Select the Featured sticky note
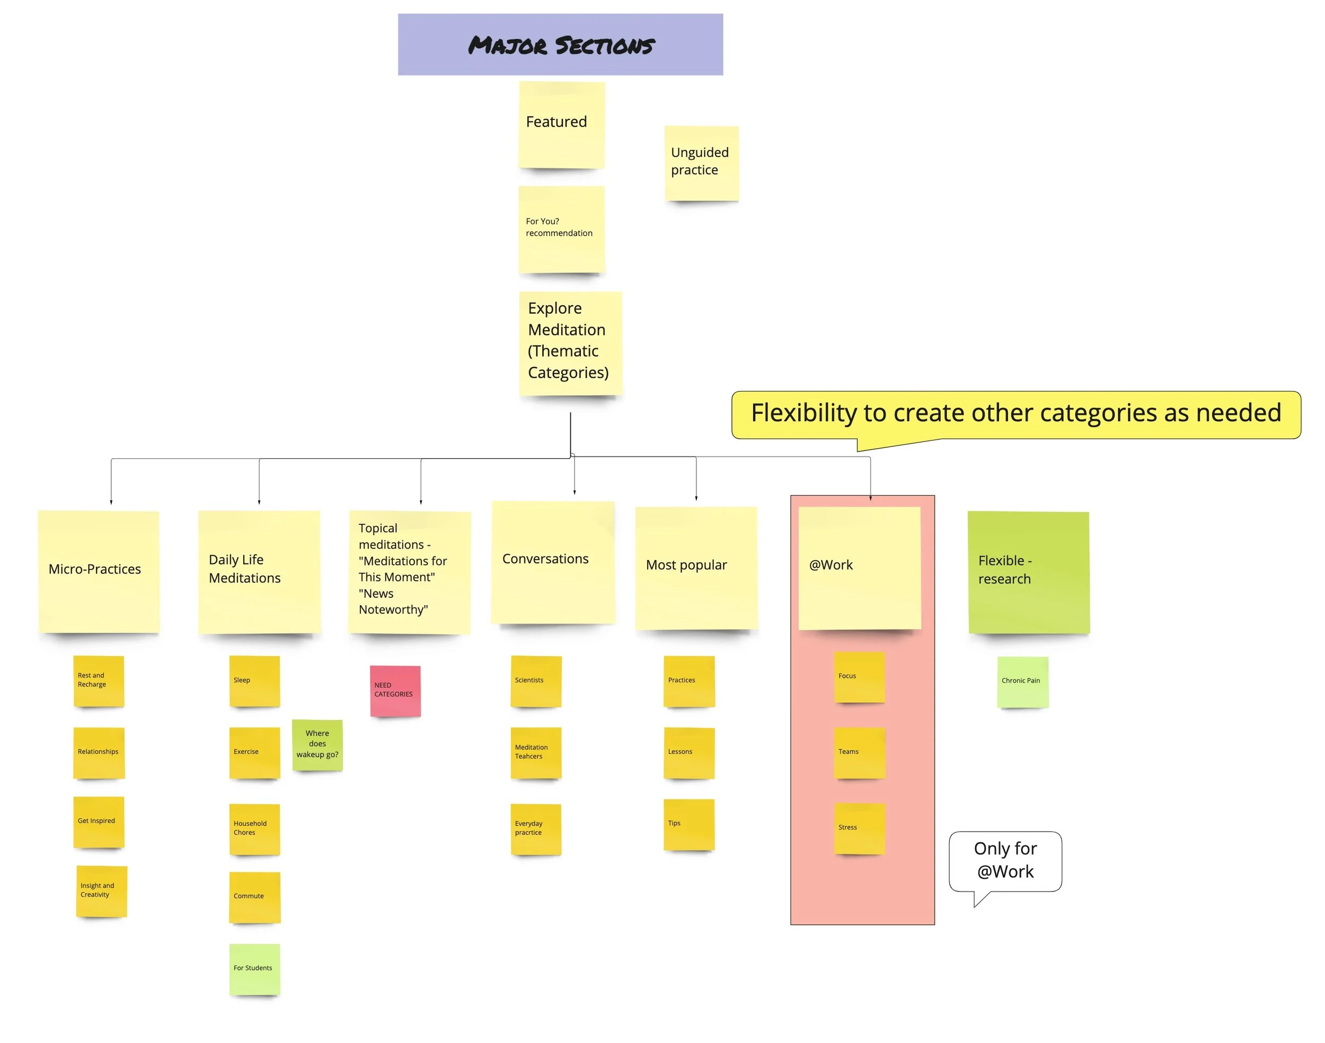561,125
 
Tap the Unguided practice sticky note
701,163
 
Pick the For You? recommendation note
561,229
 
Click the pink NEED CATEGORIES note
395,691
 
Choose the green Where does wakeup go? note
317,745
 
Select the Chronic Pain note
1022,682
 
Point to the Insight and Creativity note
101,890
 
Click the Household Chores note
254,829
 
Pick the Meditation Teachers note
535,753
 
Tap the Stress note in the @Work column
859,828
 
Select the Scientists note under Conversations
535,681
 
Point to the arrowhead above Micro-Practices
111,502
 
